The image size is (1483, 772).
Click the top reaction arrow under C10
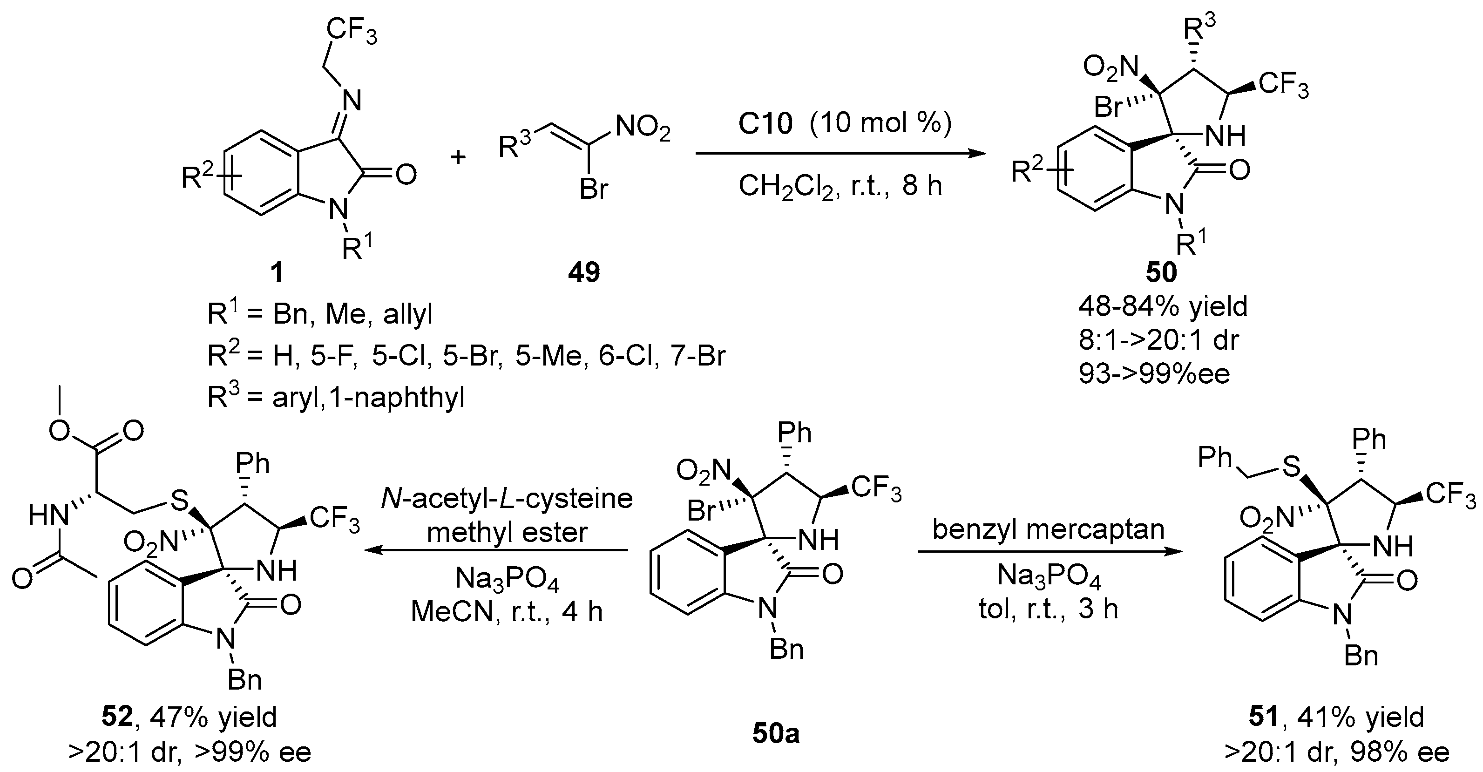(840, 154)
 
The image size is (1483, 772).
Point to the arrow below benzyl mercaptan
(1048, 551)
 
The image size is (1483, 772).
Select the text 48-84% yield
(1163, 307)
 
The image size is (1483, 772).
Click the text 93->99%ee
(1154, 373)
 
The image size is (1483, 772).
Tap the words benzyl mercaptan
(1048, 528)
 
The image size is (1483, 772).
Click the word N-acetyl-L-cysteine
(507, 499)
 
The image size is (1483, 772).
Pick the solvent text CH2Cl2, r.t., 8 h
(840, 186)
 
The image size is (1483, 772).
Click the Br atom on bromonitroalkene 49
(594, 190)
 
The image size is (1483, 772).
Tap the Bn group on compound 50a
(786, 650)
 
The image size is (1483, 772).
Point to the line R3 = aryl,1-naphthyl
(336, 398)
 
